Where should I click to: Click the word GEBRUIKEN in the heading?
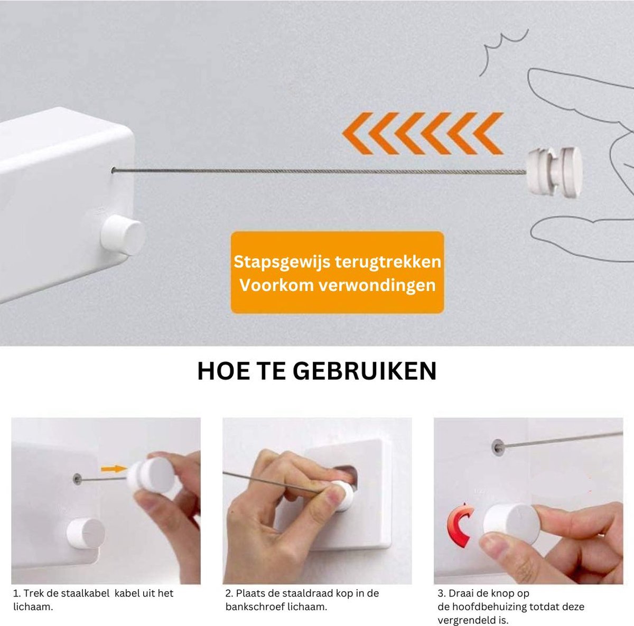[365, 371]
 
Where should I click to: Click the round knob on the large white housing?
[123, 235]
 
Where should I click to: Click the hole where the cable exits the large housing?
[114, 170]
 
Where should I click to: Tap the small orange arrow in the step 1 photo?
[114, 469]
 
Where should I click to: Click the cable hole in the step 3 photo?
[498, 447]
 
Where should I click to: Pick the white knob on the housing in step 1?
[85, 533]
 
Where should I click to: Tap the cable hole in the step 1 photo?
[77, 479]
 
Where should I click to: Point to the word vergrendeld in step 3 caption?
[467, 621]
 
